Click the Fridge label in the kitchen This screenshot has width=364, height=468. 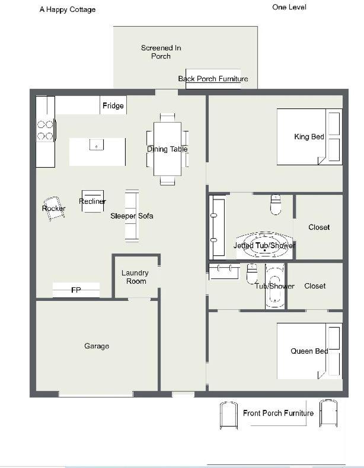[113, 105]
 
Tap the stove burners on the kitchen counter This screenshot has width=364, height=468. [45, 130]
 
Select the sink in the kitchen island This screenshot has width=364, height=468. [97, 145]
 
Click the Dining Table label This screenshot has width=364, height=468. [167, 149]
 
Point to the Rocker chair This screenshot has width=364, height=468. [54, 209]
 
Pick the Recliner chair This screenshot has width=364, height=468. [92, 201]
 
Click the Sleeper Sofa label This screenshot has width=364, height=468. [132, 216]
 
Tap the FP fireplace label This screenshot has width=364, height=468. [76, 290]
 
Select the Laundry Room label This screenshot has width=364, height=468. [135, 277]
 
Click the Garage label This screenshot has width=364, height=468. [97, 346]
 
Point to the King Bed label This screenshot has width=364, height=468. [309, 137]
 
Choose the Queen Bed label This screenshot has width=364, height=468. [309, 351]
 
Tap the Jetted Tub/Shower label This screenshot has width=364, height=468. [264, 245]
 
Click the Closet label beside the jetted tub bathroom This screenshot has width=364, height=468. [319, 227]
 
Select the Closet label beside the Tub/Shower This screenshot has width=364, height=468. [315, 286]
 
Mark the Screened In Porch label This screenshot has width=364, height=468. [161, 52]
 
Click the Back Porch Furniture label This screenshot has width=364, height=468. [213, 79]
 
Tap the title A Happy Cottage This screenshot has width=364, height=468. [68, 9]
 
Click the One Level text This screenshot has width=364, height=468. [289, 7]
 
